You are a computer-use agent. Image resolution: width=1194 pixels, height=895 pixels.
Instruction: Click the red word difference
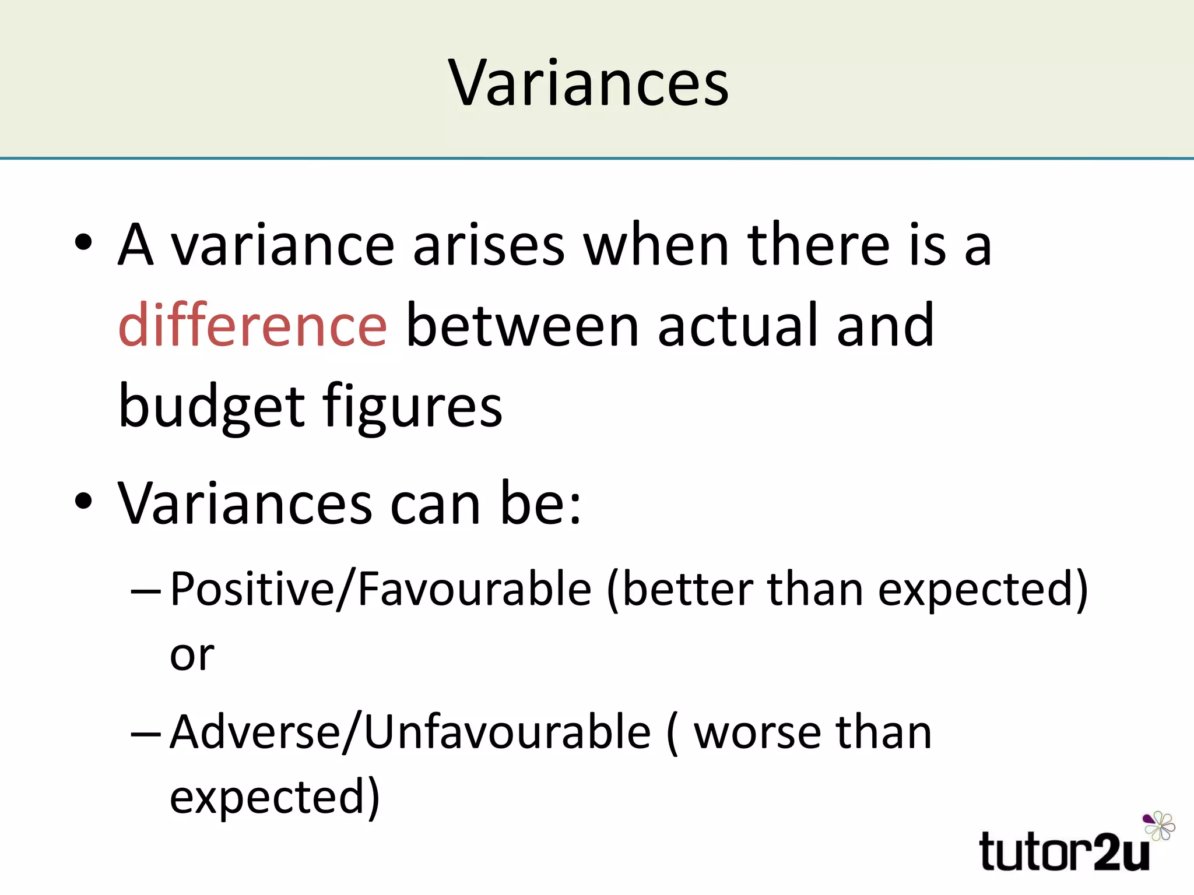click(x=252, y=325)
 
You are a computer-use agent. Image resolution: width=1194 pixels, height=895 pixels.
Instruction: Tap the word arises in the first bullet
click(x=489, y=245)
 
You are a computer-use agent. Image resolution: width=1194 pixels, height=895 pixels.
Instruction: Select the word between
click(x=522, y=325)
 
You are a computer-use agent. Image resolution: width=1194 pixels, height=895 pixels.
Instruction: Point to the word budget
click(x=211, y=406)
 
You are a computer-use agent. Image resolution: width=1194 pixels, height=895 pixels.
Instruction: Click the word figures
click(x=412, y=406)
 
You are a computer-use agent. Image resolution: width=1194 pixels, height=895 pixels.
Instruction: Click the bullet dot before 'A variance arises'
click(x=84, y=242)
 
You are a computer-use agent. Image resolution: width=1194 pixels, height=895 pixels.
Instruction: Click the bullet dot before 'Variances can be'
click(x=84, y=501)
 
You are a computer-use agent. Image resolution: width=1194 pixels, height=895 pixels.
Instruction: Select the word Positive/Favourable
click(x=380, y=590)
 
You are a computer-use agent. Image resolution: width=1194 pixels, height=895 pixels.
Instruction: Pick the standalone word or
click(x=192, y=656)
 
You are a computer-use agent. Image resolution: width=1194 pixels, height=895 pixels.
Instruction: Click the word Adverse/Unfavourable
click(x=410, y=732)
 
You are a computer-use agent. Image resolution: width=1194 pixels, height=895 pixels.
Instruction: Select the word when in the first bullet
click(x=656, y=245)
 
